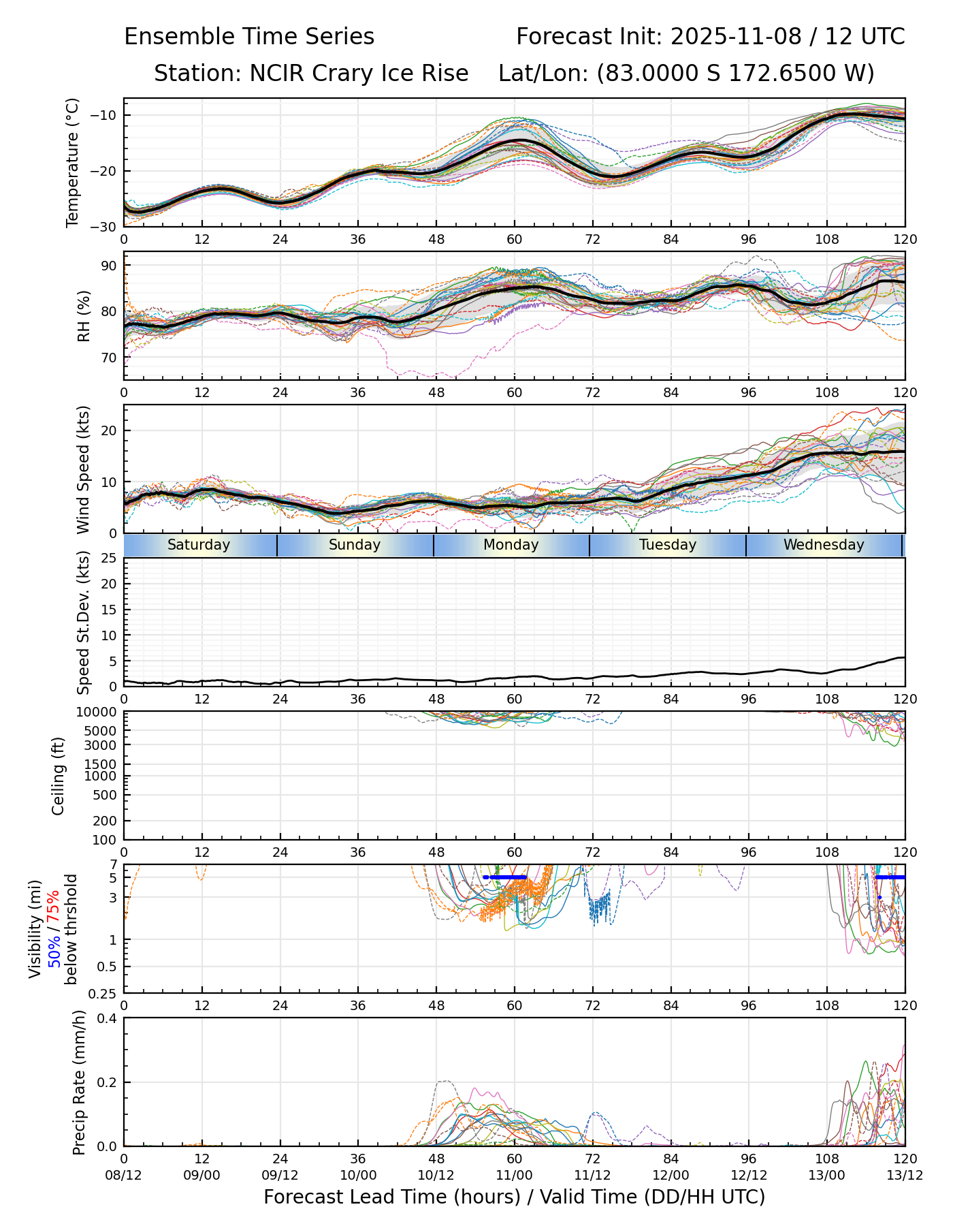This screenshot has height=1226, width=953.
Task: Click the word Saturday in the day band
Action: (199, 545)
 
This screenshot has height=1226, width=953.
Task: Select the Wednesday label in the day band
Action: (824, 545)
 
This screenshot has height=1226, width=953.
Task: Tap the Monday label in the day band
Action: (511, 545)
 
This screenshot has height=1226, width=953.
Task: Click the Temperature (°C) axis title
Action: (73, 162)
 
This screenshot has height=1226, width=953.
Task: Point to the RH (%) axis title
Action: (84, 315)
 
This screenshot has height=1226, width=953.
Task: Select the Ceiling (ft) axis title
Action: (59, 776)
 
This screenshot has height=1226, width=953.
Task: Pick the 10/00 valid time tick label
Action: (358, 1175)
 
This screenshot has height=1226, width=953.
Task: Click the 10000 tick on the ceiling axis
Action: (99, 712)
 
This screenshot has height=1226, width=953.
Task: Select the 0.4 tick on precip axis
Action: (108, 1018)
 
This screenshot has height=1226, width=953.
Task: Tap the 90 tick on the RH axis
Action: (108, 266)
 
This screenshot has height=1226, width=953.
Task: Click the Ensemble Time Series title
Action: (249, 37)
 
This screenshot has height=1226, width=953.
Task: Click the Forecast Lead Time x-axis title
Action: (514, 1197)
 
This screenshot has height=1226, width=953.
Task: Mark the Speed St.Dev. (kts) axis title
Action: (84, 622)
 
